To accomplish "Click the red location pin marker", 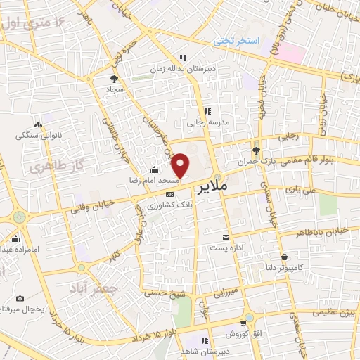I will pos(181,165).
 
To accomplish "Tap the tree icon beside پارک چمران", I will pos(257,150).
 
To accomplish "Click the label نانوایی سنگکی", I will pos(39,134).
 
